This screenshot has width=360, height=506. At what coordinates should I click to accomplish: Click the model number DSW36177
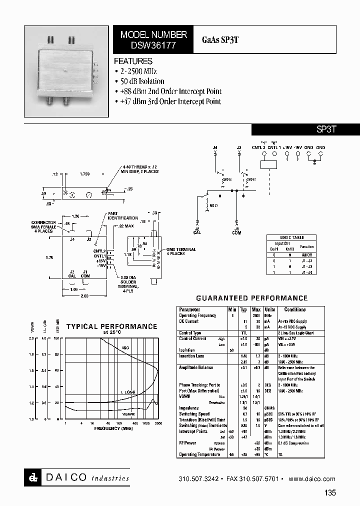point(153,44)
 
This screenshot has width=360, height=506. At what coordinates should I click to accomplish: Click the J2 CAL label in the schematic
point(197,230)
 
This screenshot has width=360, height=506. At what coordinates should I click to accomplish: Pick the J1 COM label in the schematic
point(237,230)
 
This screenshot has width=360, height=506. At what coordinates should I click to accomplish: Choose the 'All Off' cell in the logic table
point(306,254)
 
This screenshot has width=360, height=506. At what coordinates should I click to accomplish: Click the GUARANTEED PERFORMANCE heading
point(251,298)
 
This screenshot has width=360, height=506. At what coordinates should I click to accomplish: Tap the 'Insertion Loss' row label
point(191,356)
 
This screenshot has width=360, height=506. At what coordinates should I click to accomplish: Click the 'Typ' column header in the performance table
point(243,309)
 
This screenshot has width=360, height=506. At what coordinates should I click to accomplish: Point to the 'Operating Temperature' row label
point(199,454)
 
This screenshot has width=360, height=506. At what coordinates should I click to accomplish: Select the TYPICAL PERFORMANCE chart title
point(112,326)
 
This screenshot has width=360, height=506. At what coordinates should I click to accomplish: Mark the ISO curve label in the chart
point(125,347)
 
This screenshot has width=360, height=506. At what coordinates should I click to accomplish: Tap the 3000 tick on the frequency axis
point(158,423)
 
